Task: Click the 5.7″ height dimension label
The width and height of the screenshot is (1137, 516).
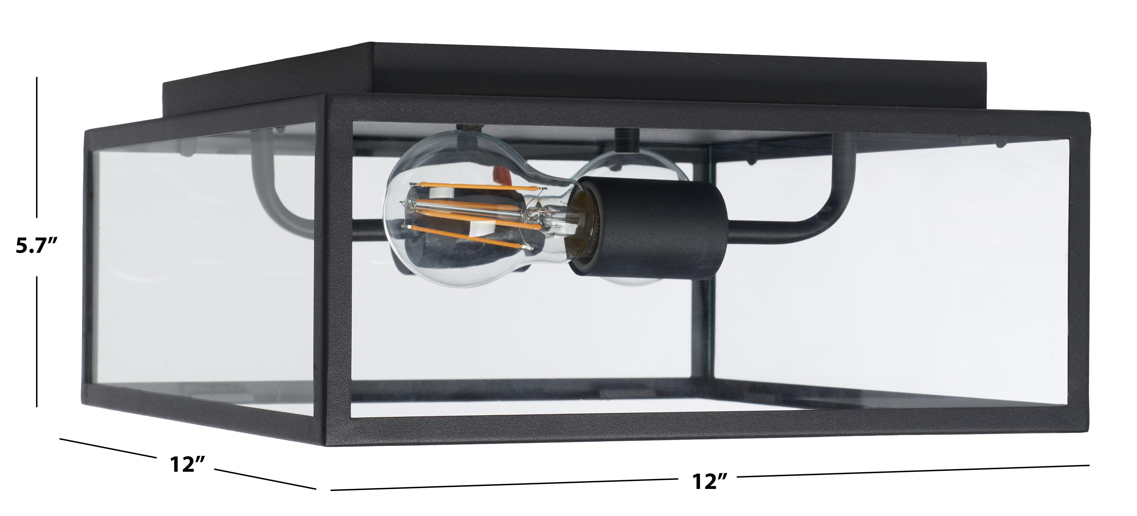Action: pyautogui.click(x=37, y=246)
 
